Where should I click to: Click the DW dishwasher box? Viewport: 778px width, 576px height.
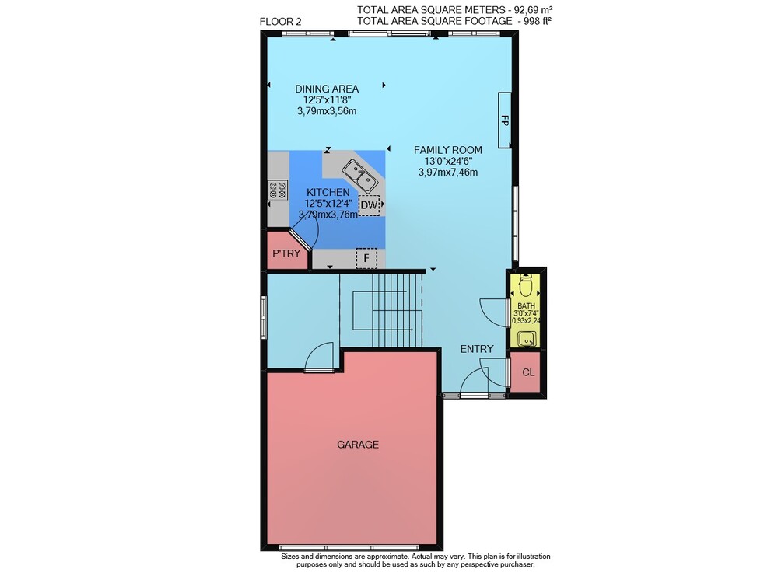pyautogui.click(x=369, y=204)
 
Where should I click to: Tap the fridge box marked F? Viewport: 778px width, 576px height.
pyautogui.click(x=366, y=258)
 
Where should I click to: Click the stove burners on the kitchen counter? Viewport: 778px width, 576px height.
pyautogui.click(x=278, y=190)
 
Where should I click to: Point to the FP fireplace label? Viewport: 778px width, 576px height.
pyautogui.click(x=505, y=120)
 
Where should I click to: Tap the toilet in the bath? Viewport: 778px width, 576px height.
pyautogui.click(x=525, y=285)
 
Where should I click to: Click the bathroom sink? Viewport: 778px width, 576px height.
pyautogui.click(x=526, y=340)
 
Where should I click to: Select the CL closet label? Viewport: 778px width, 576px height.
pyautogui.click(x=528, y=372)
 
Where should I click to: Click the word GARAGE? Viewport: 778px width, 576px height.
pyautogui.click(x=358, y=445)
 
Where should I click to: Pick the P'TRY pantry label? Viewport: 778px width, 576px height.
pyautogui.click(x=286, y=253)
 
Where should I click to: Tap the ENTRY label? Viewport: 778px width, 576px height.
pyautogui.click(x=477, y=349)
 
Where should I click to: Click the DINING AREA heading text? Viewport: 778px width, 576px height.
pyautogui.click(x=327, y=89)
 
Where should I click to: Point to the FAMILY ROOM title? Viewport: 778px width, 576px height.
pyautogui.click(x=448, y=150)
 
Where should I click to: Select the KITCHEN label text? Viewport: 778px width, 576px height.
pyautogui.click(x=328, y=192)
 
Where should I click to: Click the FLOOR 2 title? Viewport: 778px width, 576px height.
pyautogui.click(x=280, y=22)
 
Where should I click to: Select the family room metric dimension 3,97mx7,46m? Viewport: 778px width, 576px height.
pyautogui.click(x=448, y=173)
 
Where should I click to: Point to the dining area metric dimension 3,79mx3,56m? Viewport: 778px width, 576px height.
pyautogui.click(x=327, y=111)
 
